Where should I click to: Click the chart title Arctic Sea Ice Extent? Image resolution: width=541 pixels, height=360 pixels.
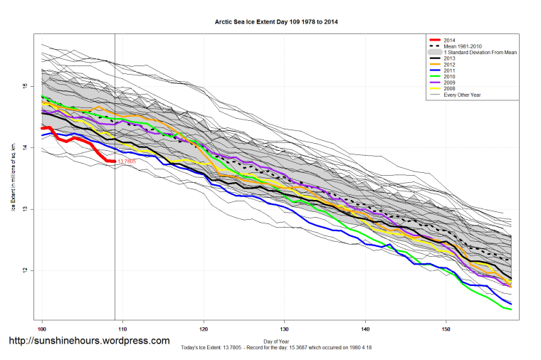click(x=276, y=22)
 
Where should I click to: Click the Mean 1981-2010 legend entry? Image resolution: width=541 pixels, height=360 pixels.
click(x=463, y=47)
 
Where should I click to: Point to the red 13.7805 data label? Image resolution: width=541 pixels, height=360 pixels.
click(x=126, y=162)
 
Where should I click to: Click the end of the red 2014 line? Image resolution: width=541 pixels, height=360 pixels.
click(x=115, y=162)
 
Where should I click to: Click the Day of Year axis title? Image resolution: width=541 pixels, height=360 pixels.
click(x=276, y=341)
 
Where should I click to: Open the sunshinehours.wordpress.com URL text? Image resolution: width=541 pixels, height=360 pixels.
click(x=89, y=342)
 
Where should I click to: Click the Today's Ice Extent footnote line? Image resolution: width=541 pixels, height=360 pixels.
click(x=276, y=347)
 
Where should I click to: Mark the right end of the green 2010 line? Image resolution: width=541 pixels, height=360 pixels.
click(x=511, y=309)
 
